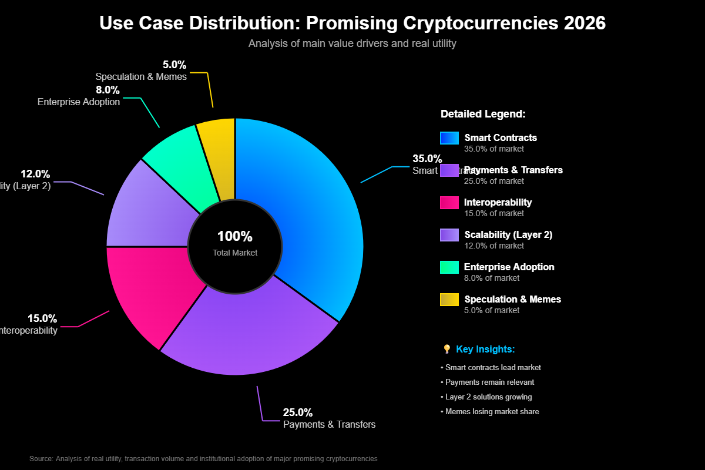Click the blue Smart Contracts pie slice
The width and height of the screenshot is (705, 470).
(x=311, y=211)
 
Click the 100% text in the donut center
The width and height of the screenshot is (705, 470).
(x=235, y=236)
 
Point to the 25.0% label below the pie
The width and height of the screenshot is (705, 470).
(x=298, y=412)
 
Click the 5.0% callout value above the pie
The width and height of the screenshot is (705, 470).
(x=174, y=65)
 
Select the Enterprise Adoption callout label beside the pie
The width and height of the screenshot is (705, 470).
(x=79, y=102)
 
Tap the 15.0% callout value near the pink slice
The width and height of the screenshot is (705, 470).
(x=42, y=318)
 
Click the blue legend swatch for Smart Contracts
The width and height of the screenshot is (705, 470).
(x=449, y=138)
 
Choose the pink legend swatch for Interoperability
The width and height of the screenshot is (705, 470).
(x=449, y=203)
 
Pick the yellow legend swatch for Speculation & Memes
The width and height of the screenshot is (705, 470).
(x=449, y=300)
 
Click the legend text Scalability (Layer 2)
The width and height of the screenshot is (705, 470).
(x=508, y=234)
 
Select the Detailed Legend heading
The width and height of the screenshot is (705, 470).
(x=483, y=114)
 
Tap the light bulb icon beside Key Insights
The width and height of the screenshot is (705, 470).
(x=446, y=350)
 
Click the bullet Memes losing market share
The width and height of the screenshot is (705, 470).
(x=491, y=412)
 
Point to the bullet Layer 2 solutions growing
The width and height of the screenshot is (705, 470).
(x=487, y=397)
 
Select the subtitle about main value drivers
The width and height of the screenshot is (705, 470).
(x=352, y=43)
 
